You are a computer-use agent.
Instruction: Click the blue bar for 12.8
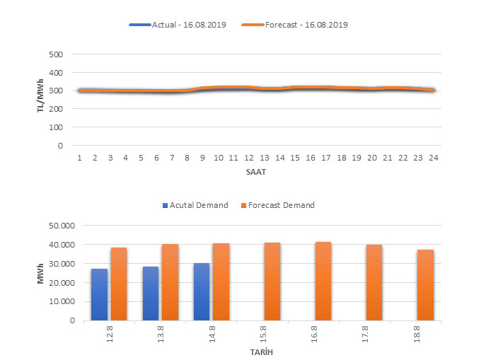99,294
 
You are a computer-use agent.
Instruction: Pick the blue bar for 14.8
202,291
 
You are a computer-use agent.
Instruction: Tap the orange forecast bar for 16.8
323,281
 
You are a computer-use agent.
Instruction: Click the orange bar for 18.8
425,284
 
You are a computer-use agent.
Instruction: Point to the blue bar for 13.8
151,293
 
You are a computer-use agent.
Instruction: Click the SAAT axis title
257,170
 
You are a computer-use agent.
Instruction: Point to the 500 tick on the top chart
57,54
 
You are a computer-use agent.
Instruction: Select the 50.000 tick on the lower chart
63,226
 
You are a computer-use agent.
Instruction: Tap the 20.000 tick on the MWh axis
63,282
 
